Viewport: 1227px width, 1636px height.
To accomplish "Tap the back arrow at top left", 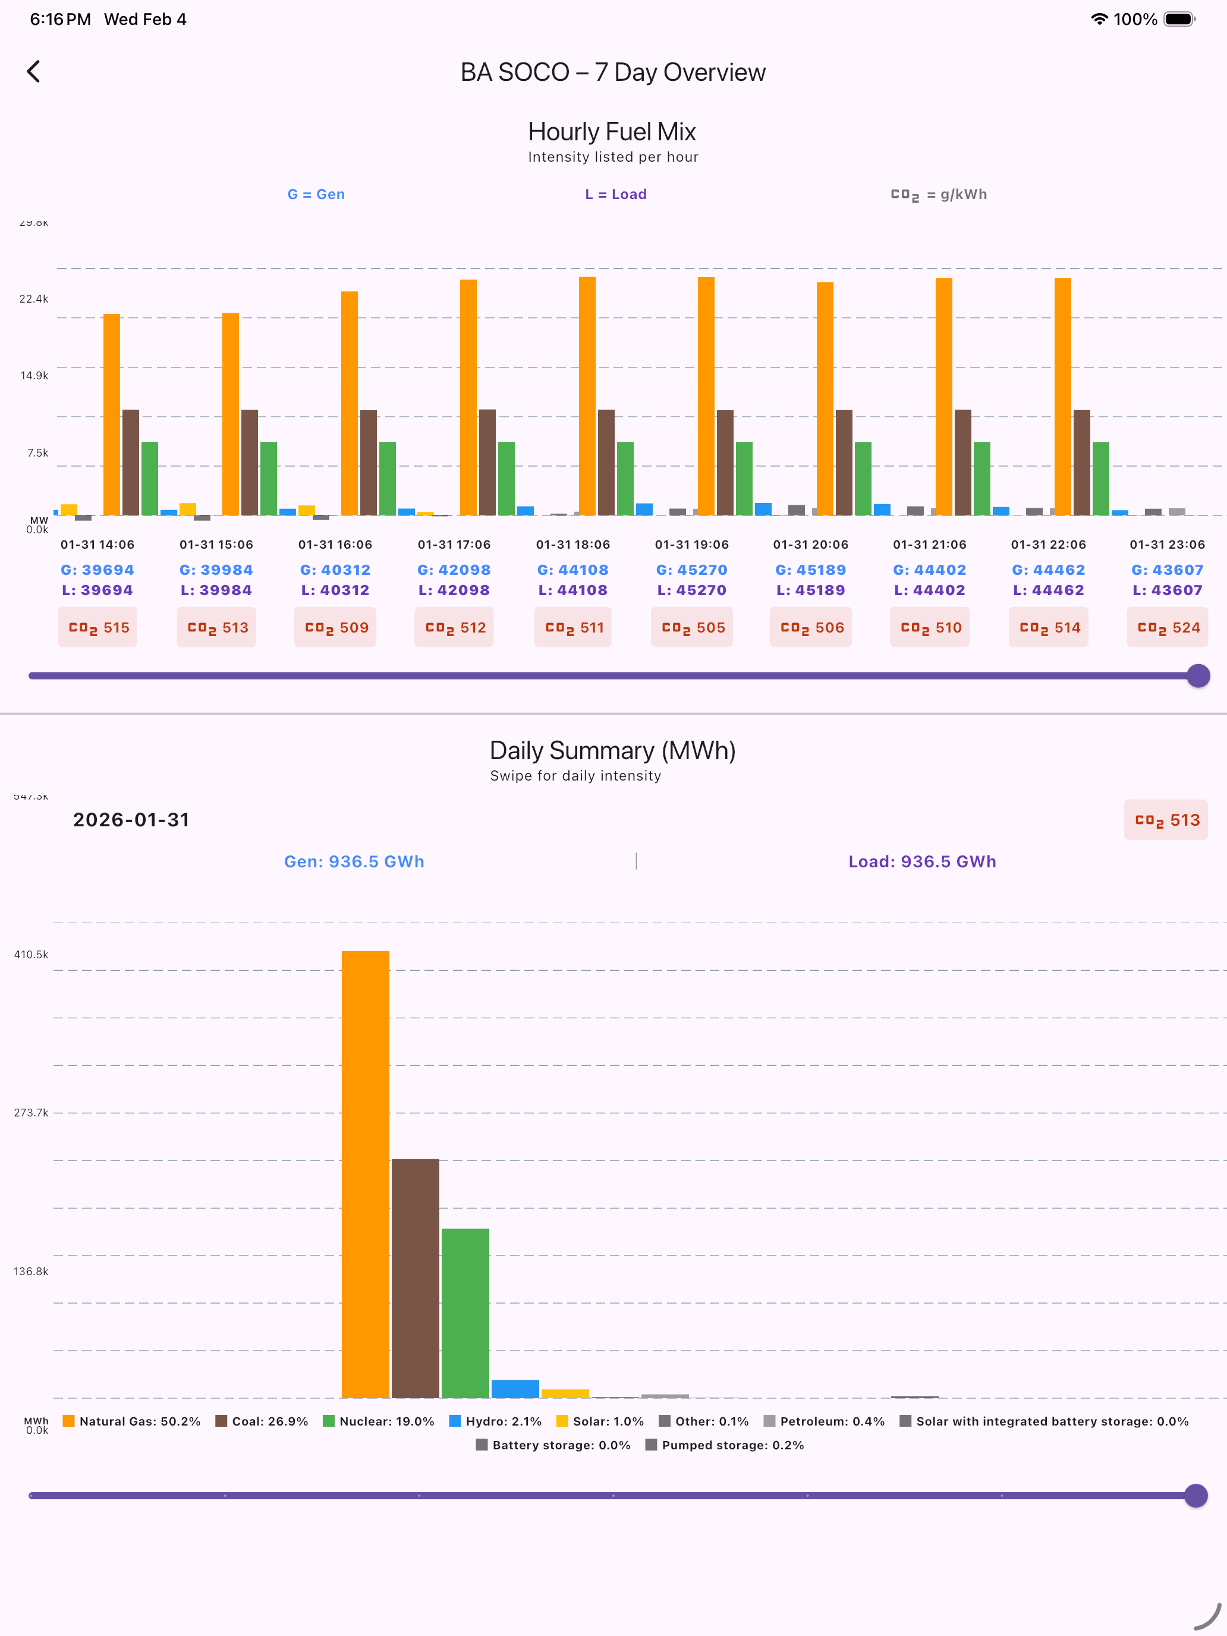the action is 33,72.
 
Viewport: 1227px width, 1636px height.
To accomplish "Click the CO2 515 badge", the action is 97,627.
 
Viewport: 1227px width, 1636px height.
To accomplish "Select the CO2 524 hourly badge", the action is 1167,627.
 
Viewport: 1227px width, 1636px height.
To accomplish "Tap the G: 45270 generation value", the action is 691,570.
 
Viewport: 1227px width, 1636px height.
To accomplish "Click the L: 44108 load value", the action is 572,590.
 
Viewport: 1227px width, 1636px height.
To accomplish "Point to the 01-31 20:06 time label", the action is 811,545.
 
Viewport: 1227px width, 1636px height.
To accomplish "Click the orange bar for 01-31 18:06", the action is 587,396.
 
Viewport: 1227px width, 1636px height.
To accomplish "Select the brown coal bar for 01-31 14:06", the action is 130,463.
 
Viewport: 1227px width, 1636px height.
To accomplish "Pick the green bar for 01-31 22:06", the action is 1100,479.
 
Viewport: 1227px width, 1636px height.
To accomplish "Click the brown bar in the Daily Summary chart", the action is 416,1278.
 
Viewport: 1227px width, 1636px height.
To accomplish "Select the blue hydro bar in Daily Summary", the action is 515,1389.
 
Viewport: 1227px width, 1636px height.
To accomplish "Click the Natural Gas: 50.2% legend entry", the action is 131,1421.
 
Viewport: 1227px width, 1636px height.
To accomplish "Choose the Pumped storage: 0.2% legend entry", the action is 725,1445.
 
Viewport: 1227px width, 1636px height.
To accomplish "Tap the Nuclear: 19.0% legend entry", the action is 379,1421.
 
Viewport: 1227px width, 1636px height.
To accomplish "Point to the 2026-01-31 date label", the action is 131,819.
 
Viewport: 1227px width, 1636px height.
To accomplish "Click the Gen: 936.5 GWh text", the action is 354,861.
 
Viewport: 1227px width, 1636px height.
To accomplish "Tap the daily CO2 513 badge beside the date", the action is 1166,819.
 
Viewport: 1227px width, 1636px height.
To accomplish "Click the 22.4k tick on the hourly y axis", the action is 34,299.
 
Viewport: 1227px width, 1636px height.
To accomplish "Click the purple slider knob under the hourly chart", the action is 1198,675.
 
